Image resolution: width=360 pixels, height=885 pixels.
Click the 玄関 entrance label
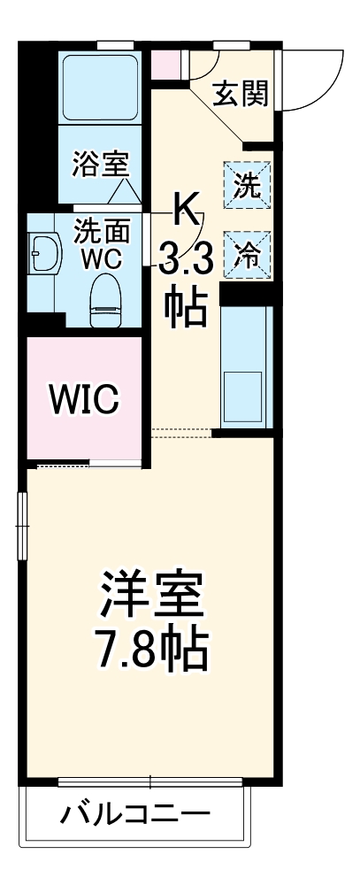pyautogui.click(x=241, y=94)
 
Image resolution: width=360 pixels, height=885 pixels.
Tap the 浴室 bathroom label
pyautogui.click(x=101, y=164)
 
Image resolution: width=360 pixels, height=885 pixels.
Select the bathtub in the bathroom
pyautogui.click(x=100, y=88)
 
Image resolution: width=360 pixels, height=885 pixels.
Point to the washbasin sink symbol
pyautogui.click(x=43, y=256)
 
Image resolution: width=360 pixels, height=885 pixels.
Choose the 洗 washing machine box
pyautogui.click(x=247, y=186)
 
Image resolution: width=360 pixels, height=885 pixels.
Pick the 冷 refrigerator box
pyautogui.click(x=247, y=255)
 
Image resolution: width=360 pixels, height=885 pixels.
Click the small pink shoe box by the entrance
pyautogui.click(x=164, y=65)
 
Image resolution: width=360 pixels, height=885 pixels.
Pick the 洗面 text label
pyautogui.click(x=102, y=230)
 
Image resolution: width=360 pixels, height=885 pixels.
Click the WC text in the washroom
pyautogui.click(x=102, y=258)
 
